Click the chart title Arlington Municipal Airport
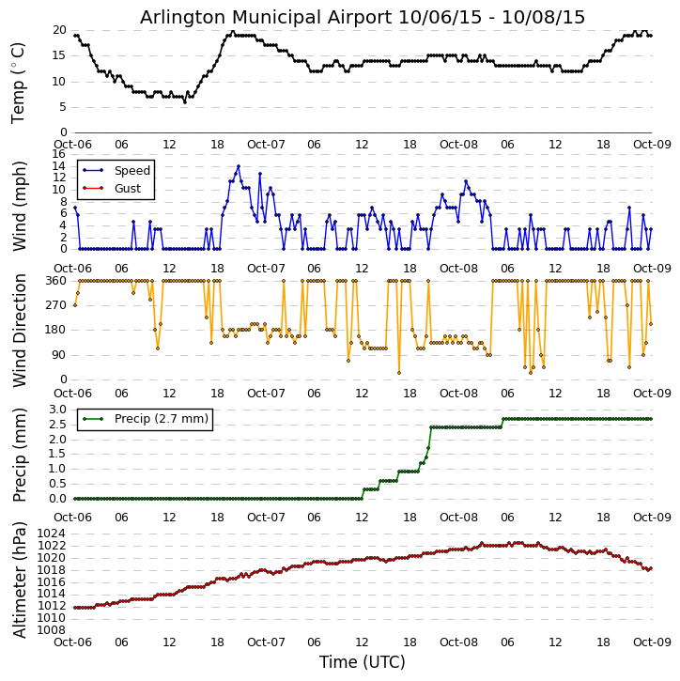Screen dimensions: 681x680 pyautogui.click(x=363, y=17)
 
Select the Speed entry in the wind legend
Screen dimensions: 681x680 pyautogui.click(x=131, y=171)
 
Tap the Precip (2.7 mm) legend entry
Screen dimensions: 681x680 pyautogui.click(x=157, y=419)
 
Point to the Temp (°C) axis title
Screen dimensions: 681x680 pyautogui.click(x=19, y=82)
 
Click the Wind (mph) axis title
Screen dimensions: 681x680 pyautogui.click(x=19, y=202)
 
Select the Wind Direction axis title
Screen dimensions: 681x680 pyautogui.click(x=19, y=331)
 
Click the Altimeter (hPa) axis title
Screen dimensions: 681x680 pyautogui.click(x=19, y=580)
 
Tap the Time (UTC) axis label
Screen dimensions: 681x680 pyautogui.click(x=363, y=662)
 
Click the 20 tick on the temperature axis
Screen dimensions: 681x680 pyautogui.click(x=58, y=30)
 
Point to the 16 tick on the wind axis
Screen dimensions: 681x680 pyautogui.click(x=58, y=154)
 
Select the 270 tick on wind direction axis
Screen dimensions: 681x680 pyautogui.click(x=54, y=305)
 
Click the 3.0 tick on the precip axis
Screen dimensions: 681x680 pyautogui.click(x=55, y=410)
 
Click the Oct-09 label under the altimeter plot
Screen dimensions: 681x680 pyautogui.click(x=652, y=642)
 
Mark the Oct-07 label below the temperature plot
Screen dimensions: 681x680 pyautogui.click(x=266, y=144)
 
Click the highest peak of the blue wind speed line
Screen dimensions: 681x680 pyautogui.click(x=239, y=166)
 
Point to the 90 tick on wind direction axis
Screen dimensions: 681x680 pyautogui.click(x=58, y=354)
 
